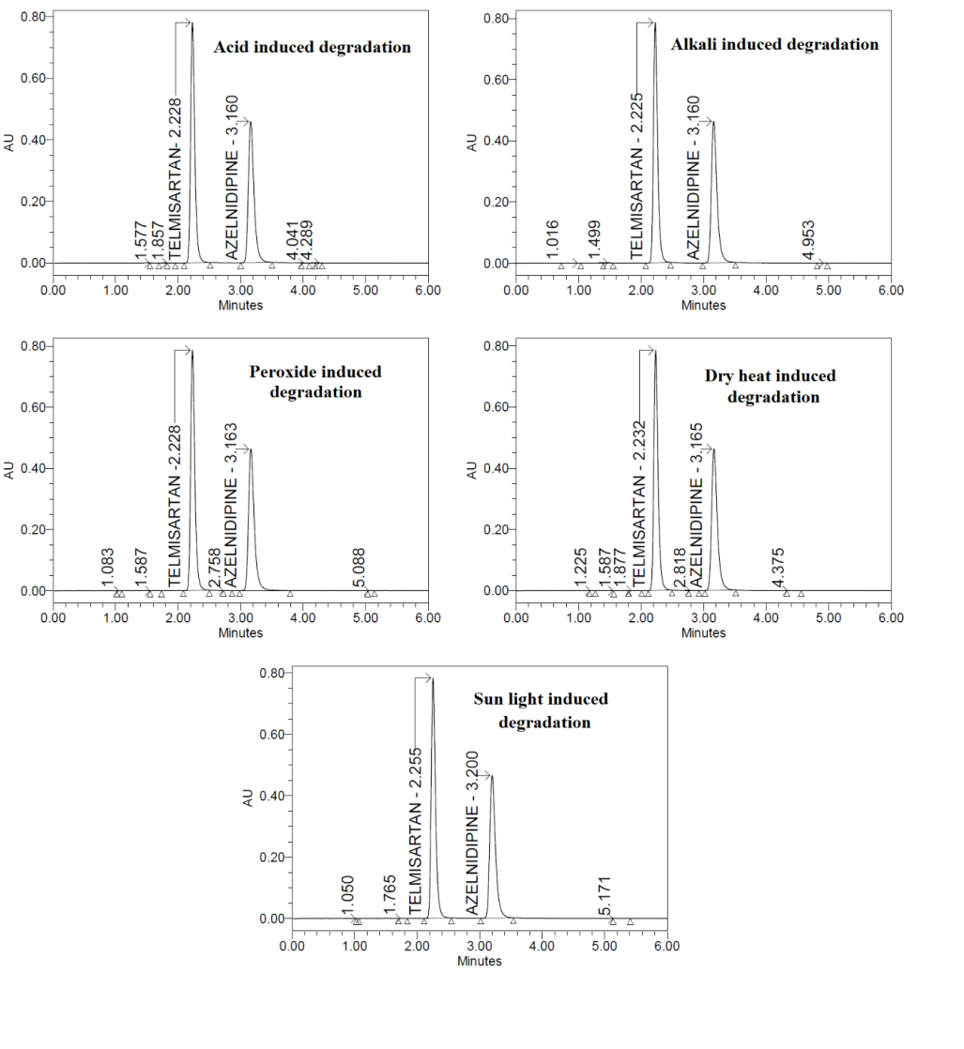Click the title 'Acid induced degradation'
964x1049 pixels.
pyautogui.click(x=312, y=47)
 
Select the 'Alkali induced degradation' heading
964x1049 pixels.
pyautogui.click(x=774, y=44)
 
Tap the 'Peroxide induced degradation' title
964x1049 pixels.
pyautogui.click(x=315, y=382)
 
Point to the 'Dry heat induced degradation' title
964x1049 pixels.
pyautogui.click(x=770, y=387)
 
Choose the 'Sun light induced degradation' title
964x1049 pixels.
pyautogui.click(x=541, y=710)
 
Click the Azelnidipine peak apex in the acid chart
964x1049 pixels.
pyautogui.click(x=250, y=121)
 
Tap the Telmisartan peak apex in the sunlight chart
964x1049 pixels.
pyautogui.click(x=433, y=678)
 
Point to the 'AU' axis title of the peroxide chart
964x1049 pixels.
pyautogui.click(x=9, y=469)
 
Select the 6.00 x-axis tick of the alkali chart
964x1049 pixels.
pyautogui.click(x=890, y=290)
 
